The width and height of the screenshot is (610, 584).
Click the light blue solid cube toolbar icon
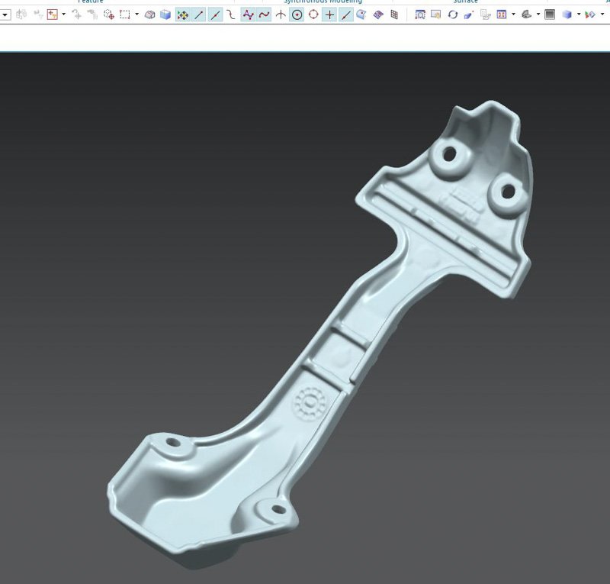point(165,15)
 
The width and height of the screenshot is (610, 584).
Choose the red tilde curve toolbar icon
point(264,15)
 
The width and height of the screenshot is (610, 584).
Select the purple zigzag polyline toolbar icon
point(248,15)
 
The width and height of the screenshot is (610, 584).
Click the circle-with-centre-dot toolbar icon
point(297,15)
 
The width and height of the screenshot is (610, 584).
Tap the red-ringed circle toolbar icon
point(313,15)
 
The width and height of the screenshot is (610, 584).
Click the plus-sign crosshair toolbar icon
point(329,15)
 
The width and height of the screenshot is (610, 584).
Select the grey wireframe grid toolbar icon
point(394,15)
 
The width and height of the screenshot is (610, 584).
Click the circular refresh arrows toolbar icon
point(453,15)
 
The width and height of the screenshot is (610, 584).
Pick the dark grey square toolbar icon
point(550,15)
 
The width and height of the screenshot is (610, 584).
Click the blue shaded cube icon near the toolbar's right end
point(567,15)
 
